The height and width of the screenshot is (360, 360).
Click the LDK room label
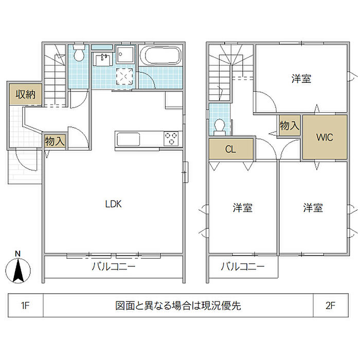point(113,204)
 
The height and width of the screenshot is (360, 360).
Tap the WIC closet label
point(325,137)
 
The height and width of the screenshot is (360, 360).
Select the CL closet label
point(231,149)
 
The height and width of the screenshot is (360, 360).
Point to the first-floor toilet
point(79,53)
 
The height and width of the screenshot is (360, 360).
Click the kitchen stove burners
point(172,138)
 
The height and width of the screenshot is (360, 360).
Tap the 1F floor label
point(26,307)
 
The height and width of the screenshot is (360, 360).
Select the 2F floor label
point(330,307)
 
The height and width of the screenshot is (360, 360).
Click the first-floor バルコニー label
point(113,267)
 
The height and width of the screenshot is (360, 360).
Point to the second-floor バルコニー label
point(243,267)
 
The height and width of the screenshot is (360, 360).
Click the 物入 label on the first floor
point(55,141)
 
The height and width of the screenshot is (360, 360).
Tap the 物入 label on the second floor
point(289,125)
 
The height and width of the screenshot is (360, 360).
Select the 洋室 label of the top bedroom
point(301,79)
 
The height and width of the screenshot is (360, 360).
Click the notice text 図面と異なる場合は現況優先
point(178,307)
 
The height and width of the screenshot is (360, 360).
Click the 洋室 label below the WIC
point(313,208)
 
